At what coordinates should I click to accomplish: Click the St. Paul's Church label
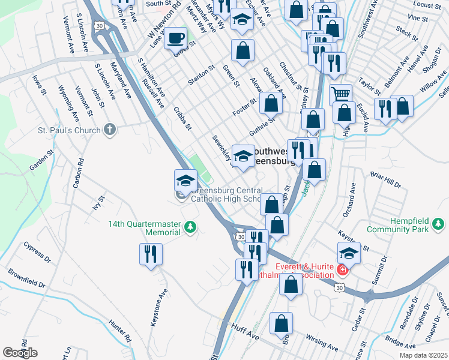(68, 130)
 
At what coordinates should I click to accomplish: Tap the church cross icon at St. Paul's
(110, 129)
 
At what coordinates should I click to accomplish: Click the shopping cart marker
(340, 94)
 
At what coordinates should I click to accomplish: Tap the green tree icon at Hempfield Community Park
(439, 225)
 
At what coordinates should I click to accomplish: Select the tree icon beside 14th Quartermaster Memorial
(190, 227)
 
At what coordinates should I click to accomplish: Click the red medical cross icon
(342, 271)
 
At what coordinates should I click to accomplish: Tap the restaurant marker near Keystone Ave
(151, 254)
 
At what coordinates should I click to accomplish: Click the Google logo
(20, 353)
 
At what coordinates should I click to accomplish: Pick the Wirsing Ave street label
(322, 341)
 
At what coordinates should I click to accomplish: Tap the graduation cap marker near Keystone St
(349, 253)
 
